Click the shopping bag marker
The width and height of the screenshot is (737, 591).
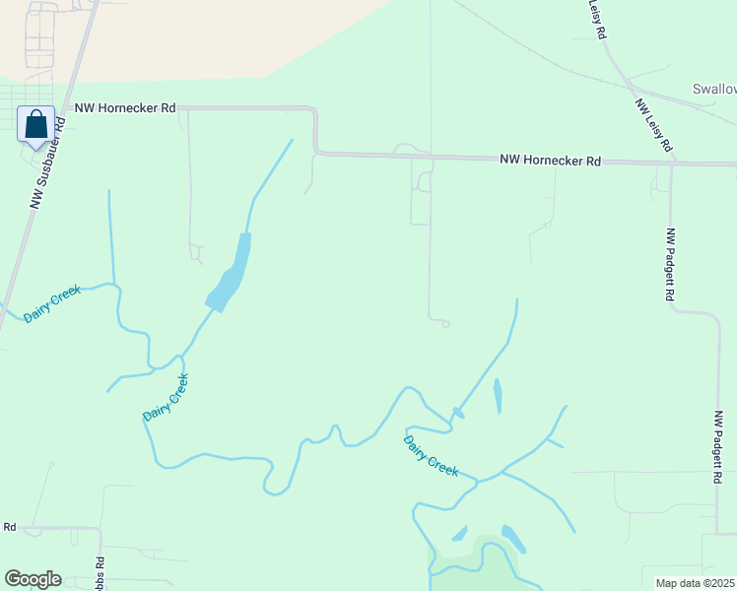36,126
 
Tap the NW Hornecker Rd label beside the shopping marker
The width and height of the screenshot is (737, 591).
125,107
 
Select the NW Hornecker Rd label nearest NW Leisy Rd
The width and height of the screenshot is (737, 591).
550,160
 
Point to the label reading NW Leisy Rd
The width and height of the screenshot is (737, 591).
653,125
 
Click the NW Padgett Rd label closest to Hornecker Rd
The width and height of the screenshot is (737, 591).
672,265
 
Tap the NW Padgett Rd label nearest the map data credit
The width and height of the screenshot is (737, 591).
718,448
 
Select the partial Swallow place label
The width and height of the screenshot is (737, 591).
713,89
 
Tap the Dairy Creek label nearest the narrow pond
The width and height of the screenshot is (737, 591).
432,456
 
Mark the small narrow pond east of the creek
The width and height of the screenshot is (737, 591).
497,395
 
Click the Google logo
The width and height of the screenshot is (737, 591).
33,579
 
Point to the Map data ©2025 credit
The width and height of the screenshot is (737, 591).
695,583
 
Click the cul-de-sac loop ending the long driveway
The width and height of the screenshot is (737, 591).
445,323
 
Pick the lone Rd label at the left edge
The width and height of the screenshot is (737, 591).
9,527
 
